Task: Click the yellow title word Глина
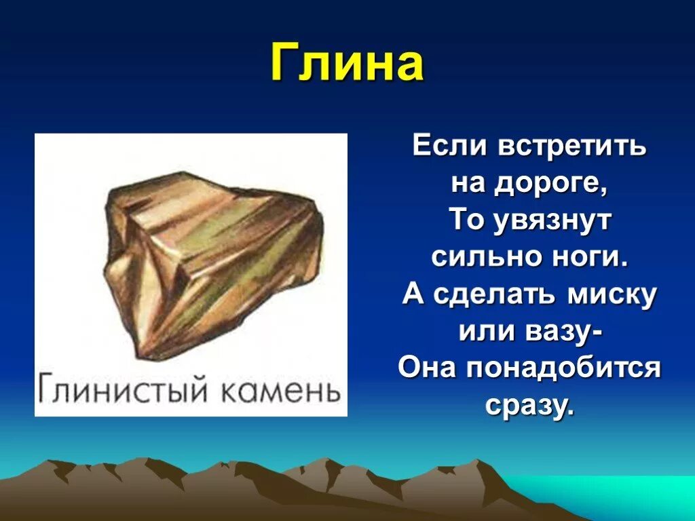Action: click(x=347, y=63)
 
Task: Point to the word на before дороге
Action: click(x=468, y=185)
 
